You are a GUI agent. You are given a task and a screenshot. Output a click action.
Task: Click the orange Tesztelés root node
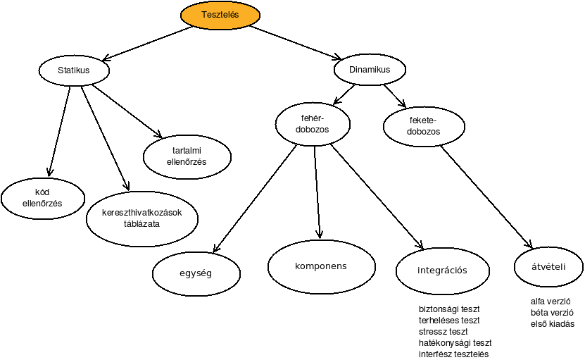(220, 15)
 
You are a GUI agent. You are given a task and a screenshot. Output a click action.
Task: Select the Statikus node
(74, 70)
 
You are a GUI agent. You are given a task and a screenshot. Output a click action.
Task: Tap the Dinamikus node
(370, 70)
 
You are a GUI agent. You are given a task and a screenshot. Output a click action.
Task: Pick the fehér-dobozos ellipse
(313, 124)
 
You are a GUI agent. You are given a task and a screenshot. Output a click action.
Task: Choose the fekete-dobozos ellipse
(424, 126)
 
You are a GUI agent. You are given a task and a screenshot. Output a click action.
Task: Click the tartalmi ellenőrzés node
(187, 156)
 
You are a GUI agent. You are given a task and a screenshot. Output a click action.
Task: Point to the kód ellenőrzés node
(42, 198)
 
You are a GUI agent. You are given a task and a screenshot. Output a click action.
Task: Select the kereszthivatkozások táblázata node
(141, 218)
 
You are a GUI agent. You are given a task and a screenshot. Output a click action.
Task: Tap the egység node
(196, 273)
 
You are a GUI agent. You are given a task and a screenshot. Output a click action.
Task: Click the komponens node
(321, 266)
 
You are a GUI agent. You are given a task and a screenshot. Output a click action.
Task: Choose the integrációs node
(443, 271)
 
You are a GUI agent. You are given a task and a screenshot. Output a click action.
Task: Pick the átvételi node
(548, 267)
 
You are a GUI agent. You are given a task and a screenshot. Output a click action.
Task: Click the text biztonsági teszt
(449, 309)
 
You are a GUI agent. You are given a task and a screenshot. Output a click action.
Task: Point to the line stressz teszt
(444, 332)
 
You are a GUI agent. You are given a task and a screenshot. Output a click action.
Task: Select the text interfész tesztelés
(453, 354)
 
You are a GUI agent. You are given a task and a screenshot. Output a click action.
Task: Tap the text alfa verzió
(551, 302)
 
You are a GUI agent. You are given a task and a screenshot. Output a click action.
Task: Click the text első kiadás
(553, 324)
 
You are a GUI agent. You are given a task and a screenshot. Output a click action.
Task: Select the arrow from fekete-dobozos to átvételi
(486, 197)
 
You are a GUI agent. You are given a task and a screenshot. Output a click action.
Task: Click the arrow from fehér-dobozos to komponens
(317, 192)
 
